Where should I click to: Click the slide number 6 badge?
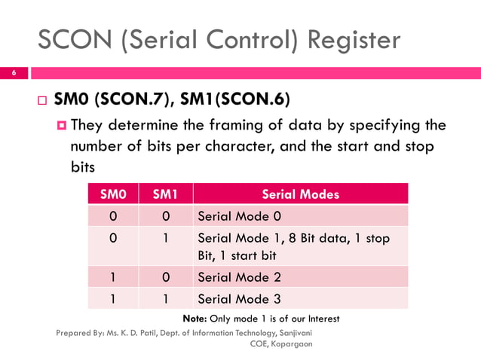[13, 72]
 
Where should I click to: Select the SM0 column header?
[113, 194]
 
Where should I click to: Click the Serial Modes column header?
[300, 194]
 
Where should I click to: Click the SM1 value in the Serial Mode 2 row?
[164, 276]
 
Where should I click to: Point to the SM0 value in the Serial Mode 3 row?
[113, 298]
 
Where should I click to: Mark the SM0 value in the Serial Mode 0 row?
[113, 217]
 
